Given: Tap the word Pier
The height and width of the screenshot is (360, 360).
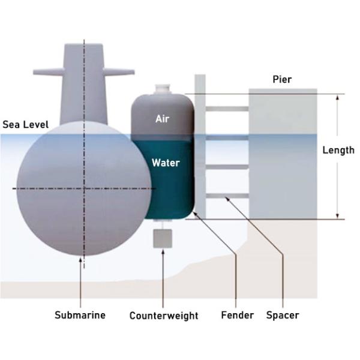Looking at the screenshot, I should (x=281, y=79).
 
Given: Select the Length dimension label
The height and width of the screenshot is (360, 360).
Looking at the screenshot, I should (x=338, y=151).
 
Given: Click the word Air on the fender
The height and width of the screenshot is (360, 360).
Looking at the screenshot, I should (x=163, y=119).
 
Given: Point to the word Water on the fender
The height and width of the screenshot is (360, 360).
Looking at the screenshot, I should (x=166, y=163).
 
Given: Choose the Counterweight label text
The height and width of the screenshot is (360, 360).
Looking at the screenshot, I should (x=164, y=316).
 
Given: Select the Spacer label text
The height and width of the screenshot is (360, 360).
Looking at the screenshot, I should (x=282, y=315).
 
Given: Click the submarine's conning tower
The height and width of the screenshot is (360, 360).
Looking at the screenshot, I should (x=84, y=84).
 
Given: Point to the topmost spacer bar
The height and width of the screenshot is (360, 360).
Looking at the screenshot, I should (x=227, y=109).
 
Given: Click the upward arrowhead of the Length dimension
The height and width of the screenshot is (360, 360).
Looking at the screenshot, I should (x=338, y=97).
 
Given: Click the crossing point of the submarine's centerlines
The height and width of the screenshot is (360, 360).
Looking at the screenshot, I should (x=84, y=188).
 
